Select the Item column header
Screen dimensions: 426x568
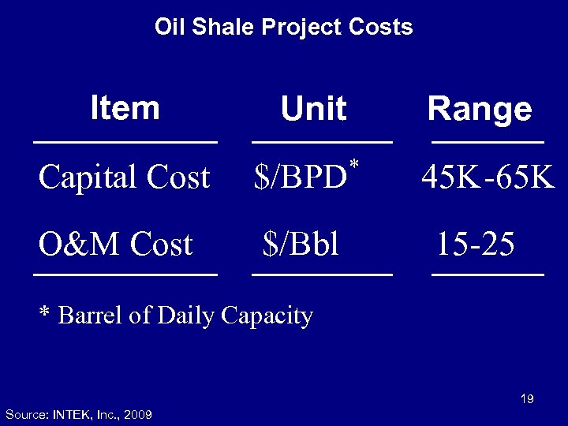click(125, 107)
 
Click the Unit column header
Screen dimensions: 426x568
click(314, 110)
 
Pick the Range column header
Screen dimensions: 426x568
click(479, 110)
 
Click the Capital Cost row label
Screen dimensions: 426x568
click(125, 177)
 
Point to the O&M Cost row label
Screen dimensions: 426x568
click(116, 245)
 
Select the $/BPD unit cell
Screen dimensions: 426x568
click(301, 178)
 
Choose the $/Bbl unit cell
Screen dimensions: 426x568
click(301, 245)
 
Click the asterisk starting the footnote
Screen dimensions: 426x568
click(45, 315)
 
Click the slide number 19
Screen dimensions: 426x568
click(527, 399)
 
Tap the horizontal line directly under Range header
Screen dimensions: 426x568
click(488, 142)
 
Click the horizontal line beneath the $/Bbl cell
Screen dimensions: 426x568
click(321, 275)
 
